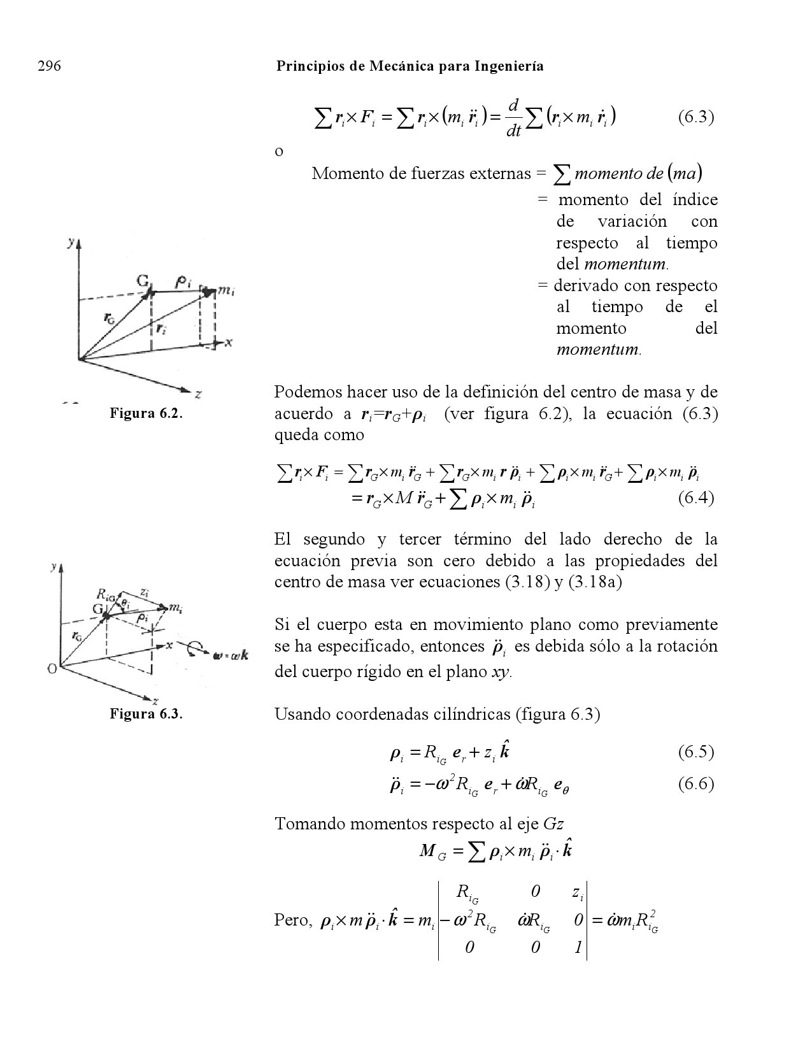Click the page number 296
[x=49, y=66]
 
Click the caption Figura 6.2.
[x=146, y=413]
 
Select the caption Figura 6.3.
[x=146, y=713]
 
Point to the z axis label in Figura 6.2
[x=199, y=395]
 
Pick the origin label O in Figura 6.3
[x=53, y=669]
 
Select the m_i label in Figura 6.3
[x=175, y=609]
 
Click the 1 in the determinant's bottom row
[x=577, y=947]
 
